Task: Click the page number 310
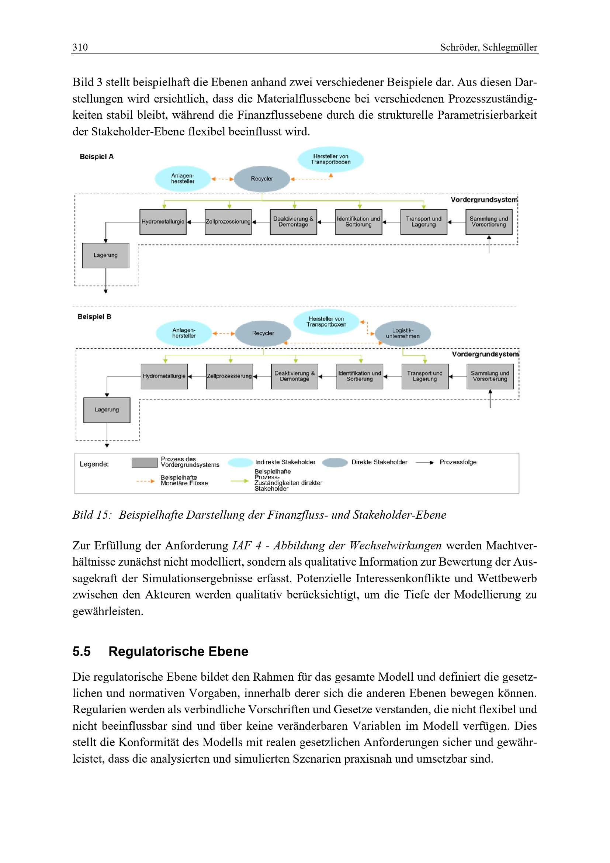(x=80, y=47)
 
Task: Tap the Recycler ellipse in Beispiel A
(x=262, y=179)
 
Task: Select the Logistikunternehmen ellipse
(x=403, y=334)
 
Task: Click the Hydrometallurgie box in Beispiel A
(x=163, y=222)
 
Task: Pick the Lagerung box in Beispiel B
(x=107, y=410)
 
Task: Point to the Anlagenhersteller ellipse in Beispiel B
(x=184, y=333)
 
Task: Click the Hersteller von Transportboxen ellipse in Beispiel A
(x=330, y=159)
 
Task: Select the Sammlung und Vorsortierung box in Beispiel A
(x=489, y=222)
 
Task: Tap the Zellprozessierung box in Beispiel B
(x=229, y=377)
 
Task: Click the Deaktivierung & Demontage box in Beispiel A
(x=293, y=222)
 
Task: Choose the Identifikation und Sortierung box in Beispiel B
(x=360, y=377)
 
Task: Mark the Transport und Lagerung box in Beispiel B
(x=425, y=377)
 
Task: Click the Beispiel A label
(x=97, y=157)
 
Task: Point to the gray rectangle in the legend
(x=145, y=463)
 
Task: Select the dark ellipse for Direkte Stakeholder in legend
(x=335, y=463)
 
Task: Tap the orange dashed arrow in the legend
(x=145, y=481)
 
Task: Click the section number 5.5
(x=82, y=651)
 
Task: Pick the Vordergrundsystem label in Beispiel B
(x=485, y=355)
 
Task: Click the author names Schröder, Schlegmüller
(x=488, y=47)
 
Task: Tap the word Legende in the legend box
(x=94, y=464)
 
